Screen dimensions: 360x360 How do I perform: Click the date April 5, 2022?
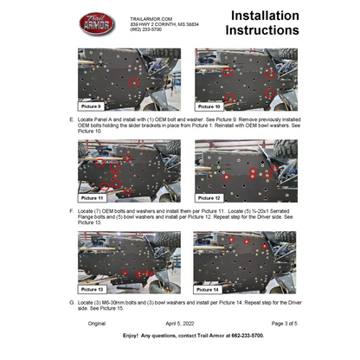point(180,322)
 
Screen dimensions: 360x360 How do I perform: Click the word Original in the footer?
point(96,322)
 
